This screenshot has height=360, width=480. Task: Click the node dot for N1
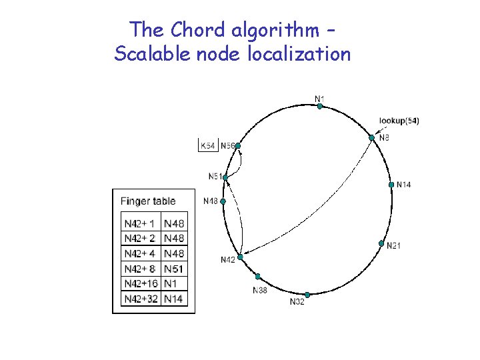(320, 106)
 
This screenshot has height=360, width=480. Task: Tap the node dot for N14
(391, 184)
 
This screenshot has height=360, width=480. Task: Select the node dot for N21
(381, 243)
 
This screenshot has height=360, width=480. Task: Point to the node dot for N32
(307, 295)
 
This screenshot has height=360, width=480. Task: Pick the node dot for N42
(240, 257)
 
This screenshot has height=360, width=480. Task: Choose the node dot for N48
(223, 201)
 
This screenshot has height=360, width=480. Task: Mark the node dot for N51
(225, 177)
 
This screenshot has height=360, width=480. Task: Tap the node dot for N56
(237, 145)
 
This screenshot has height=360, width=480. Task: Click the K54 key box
(208, 145)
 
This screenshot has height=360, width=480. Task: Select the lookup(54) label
(399, 121)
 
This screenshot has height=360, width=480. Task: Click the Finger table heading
(148, 201)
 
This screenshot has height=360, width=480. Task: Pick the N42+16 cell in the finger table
(141, 283)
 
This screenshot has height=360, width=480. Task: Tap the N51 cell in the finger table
(174, 269)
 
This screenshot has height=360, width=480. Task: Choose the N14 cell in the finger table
(174, 299)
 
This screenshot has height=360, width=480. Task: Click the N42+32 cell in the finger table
(141, 299)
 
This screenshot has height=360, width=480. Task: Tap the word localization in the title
(299, 53)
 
